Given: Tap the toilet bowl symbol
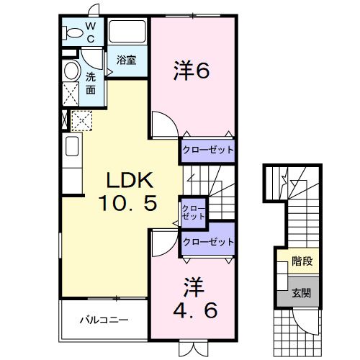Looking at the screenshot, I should [x=73, y=33].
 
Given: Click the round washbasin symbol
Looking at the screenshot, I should [x=71, y=71].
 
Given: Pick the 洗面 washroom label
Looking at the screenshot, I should [x=91, y=84].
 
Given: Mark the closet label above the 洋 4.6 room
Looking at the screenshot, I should [x=208, y=242].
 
